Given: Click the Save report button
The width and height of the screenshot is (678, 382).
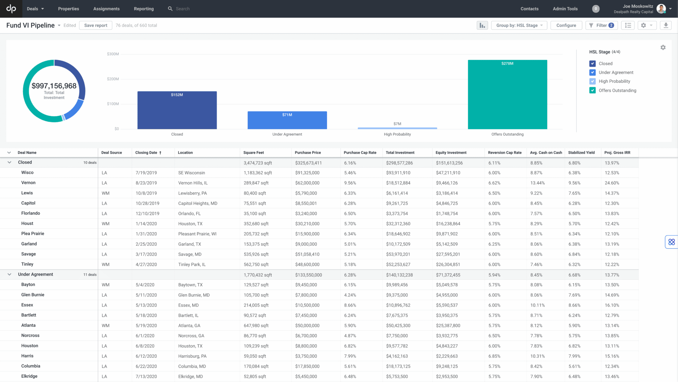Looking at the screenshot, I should tap(96, 26).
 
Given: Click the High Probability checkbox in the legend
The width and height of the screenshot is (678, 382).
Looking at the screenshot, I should tap(592, 81).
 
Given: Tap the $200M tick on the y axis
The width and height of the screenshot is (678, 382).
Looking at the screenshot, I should tap(113, 79).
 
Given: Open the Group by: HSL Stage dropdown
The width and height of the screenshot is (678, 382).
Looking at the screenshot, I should tap(519, 26).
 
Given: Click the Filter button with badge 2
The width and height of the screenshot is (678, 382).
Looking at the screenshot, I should tap(602, 26).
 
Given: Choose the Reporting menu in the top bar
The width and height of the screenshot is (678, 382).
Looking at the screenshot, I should tap(144, 9).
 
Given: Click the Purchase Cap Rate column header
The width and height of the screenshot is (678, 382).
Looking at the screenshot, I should tap(360, 153).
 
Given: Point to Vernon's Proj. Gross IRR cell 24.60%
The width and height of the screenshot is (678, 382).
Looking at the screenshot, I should tap(612, 183).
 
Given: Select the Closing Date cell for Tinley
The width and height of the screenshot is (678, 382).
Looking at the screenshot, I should tap(146, 265).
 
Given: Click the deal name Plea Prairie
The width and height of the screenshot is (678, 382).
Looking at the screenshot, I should tap(33, 234).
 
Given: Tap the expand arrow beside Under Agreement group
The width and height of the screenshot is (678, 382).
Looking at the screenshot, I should tap(9, 275).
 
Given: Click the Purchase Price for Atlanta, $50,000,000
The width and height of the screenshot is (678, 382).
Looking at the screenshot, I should tap(307, 326).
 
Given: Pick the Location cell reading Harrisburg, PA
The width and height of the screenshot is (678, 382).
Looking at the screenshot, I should tap(192, 356).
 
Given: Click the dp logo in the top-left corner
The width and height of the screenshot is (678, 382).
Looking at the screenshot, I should tap(11, 9).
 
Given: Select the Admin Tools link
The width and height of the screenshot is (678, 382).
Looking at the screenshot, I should tap(565, 9).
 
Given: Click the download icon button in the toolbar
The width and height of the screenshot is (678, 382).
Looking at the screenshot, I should tap(666, 26).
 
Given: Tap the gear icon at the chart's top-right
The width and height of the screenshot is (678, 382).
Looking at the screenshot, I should tap(663, 48).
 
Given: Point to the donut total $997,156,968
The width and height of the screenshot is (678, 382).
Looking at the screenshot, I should tap(54, 86).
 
